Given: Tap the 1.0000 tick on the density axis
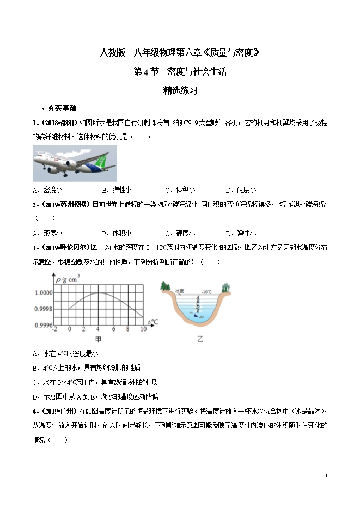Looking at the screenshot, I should (x=43, y=292).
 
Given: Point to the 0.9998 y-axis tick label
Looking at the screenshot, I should (x=43, y=309).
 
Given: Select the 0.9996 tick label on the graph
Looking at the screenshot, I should (x=43, y=325).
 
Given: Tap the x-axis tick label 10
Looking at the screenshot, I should (x=143, y=329).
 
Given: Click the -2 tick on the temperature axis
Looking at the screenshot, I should (x=53, y=329).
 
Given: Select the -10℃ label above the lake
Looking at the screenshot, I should (x=206, y=292).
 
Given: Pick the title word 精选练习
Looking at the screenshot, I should (x=180, y=91).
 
